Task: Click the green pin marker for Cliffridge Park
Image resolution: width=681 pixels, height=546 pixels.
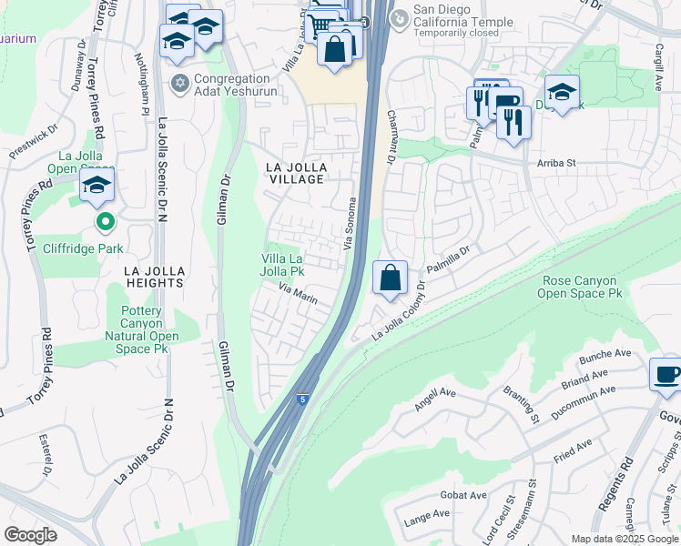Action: tap(106, 221)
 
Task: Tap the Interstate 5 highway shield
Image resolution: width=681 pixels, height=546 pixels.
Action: tap(300, 399)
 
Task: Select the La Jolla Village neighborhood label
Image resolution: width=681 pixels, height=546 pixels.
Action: tap(294, 173)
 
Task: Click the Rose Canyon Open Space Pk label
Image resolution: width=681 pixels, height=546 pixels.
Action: tap(581, 288)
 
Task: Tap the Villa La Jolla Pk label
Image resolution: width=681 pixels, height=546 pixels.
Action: tap(283, 264)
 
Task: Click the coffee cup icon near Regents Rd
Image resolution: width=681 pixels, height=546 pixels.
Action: tap(666, 374)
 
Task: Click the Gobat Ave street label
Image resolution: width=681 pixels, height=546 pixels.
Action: tap(465, 495)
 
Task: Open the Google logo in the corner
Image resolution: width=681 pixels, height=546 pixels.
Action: tap(31, 534)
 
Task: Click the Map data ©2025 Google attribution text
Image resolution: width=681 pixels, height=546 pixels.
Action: tap(624, 539)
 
